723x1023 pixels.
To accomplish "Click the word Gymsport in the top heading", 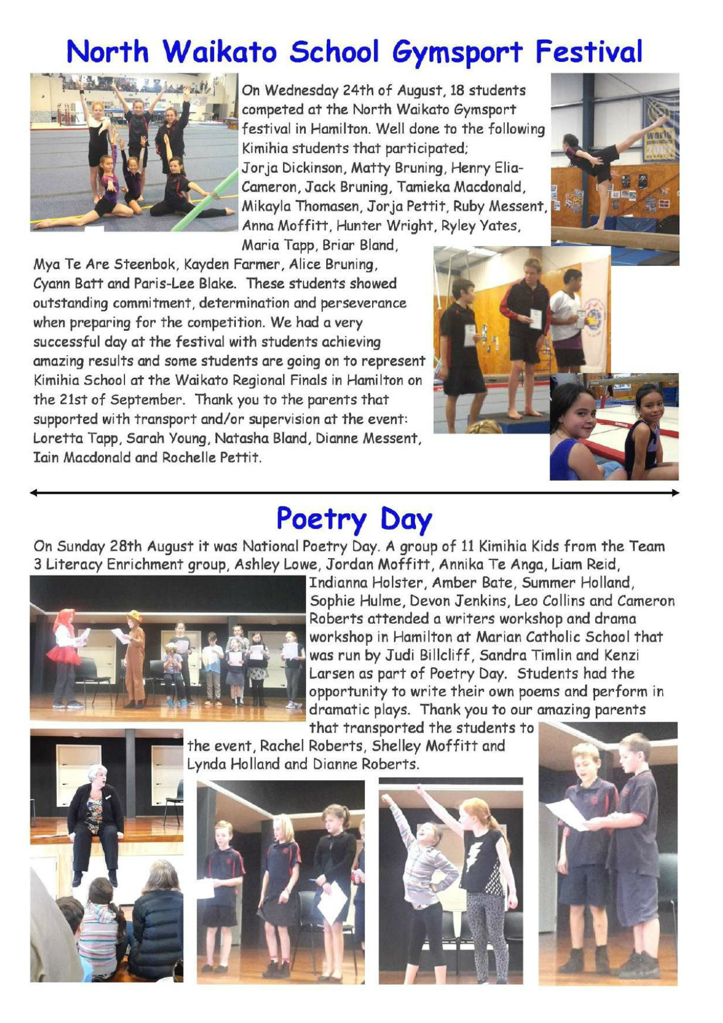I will point(457,52).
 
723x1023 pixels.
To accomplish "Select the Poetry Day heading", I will point(354,519).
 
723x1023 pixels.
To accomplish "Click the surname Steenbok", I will point(145,264).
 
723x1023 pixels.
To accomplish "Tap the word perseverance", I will point(363,303).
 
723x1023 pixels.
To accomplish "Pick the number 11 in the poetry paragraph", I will point(467,546).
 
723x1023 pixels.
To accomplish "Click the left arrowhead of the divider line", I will point(34,493).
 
